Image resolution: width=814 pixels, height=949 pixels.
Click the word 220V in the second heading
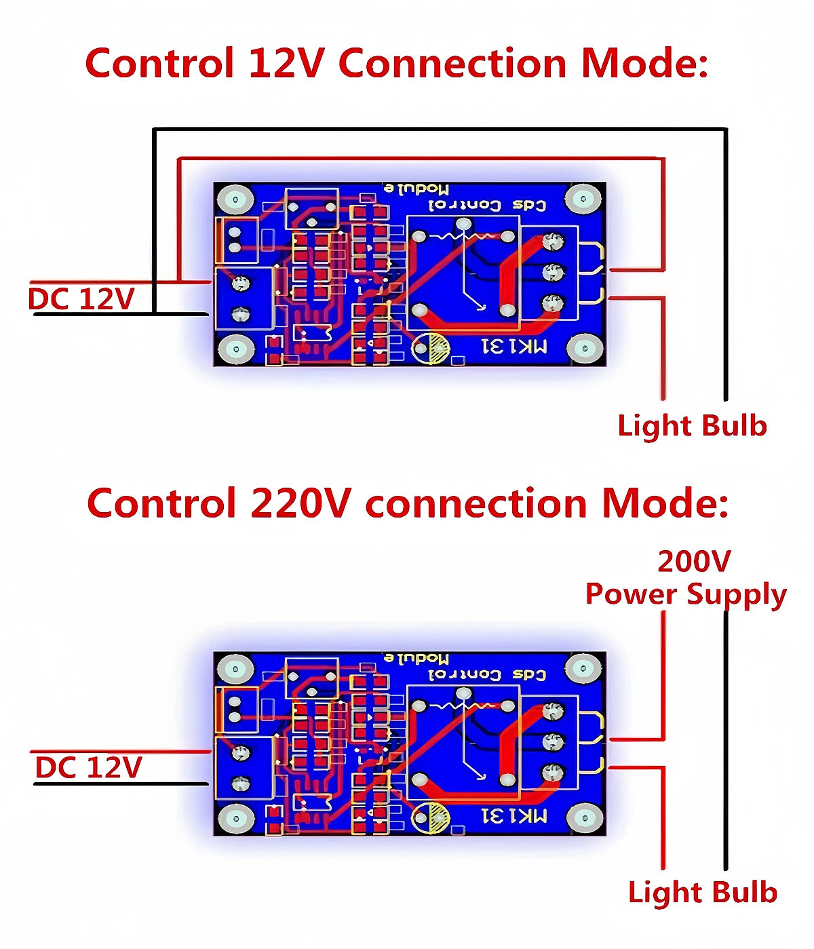point(301,504)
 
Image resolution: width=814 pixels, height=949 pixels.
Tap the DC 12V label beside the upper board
point(81,299)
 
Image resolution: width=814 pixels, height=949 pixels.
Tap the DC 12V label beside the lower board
point(88,768)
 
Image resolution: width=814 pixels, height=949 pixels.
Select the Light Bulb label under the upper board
point(692,426)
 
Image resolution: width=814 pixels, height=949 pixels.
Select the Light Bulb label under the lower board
point(702,893)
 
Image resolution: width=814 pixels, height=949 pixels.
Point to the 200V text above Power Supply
point(694,562)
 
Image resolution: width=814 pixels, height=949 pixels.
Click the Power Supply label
point(685,594)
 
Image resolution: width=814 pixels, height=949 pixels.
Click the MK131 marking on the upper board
point(514,347)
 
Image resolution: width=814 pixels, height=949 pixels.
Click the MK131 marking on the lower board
point(514,815)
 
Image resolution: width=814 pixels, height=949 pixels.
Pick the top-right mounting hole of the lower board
point(583,670)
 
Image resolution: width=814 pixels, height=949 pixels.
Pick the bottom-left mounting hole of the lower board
point(235,818)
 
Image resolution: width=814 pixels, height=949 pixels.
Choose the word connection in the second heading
point(476,504)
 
